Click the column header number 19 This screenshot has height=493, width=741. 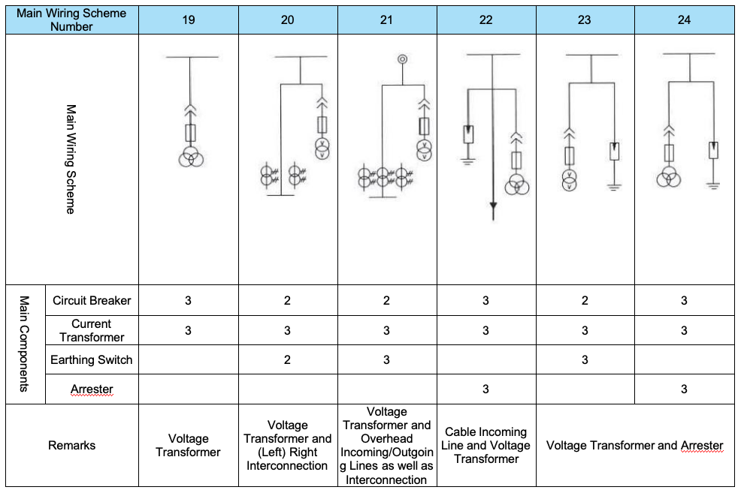coord(188,20)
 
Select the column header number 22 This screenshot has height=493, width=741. coord(485,20)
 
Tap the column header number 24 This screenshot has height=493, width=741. coord(684,20)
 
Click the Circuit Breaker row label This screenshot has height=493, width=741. coord(92,301)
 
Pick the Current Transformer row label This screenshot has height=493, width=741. coord(92,330)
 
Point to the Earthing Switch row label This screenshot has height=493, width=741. coord(92,360)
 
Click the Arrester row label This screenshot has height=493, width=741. coord(92,389)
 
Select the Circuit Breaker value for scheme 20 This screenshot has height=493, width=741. coord(287,301)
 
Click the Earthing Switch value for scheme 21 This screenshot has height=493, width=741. coord(386,360)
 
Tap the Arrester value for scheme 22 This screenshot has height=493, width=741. coord(485,389)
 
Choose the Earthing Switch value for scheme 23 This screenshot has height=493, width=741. coord(585,360)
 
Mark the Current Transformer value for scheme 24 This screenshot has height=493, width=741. coord(684,330)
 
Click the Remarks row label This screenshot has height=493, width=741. coord(72,446)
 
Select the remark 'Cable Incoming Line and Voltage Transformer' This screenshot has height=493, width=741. coord(485,445)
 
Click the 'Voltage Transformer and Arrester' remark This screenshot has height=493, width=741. coord(634,446)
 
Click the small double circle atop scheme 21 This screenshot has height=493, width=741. coord(402,59)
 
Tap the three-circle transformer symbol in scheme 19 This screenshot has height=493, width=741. coord(190,158)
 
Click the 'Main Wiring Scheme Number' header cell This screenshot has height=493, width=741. coord(71,20)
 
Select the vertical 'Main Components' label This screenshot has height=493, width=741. coord(25,344)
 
